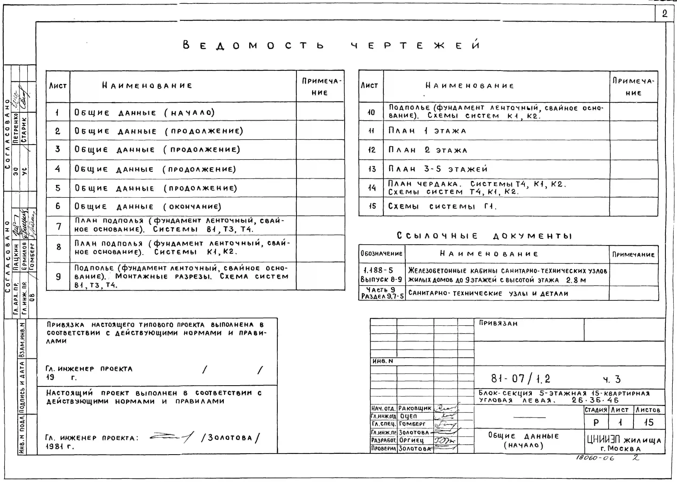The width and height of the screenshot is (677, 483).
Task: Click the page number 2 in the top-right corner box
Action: [664, 14]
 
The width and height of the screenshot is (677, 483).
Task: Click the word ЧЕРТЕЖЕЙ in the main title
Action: [415, 45]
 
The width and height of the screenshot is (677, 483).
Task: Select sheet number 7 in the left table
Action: [59, 226]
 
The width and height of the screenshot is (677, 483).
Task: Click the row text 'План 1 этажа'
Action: [427, 131]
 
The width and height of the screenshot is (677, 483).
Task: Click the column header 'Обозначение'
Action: [381, 254]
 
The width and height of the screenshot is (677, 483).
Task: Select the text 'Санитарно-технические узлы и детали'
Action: [488, 293]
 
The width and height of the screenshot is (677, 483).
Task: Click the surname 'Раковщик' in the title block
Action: [415, 408]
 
